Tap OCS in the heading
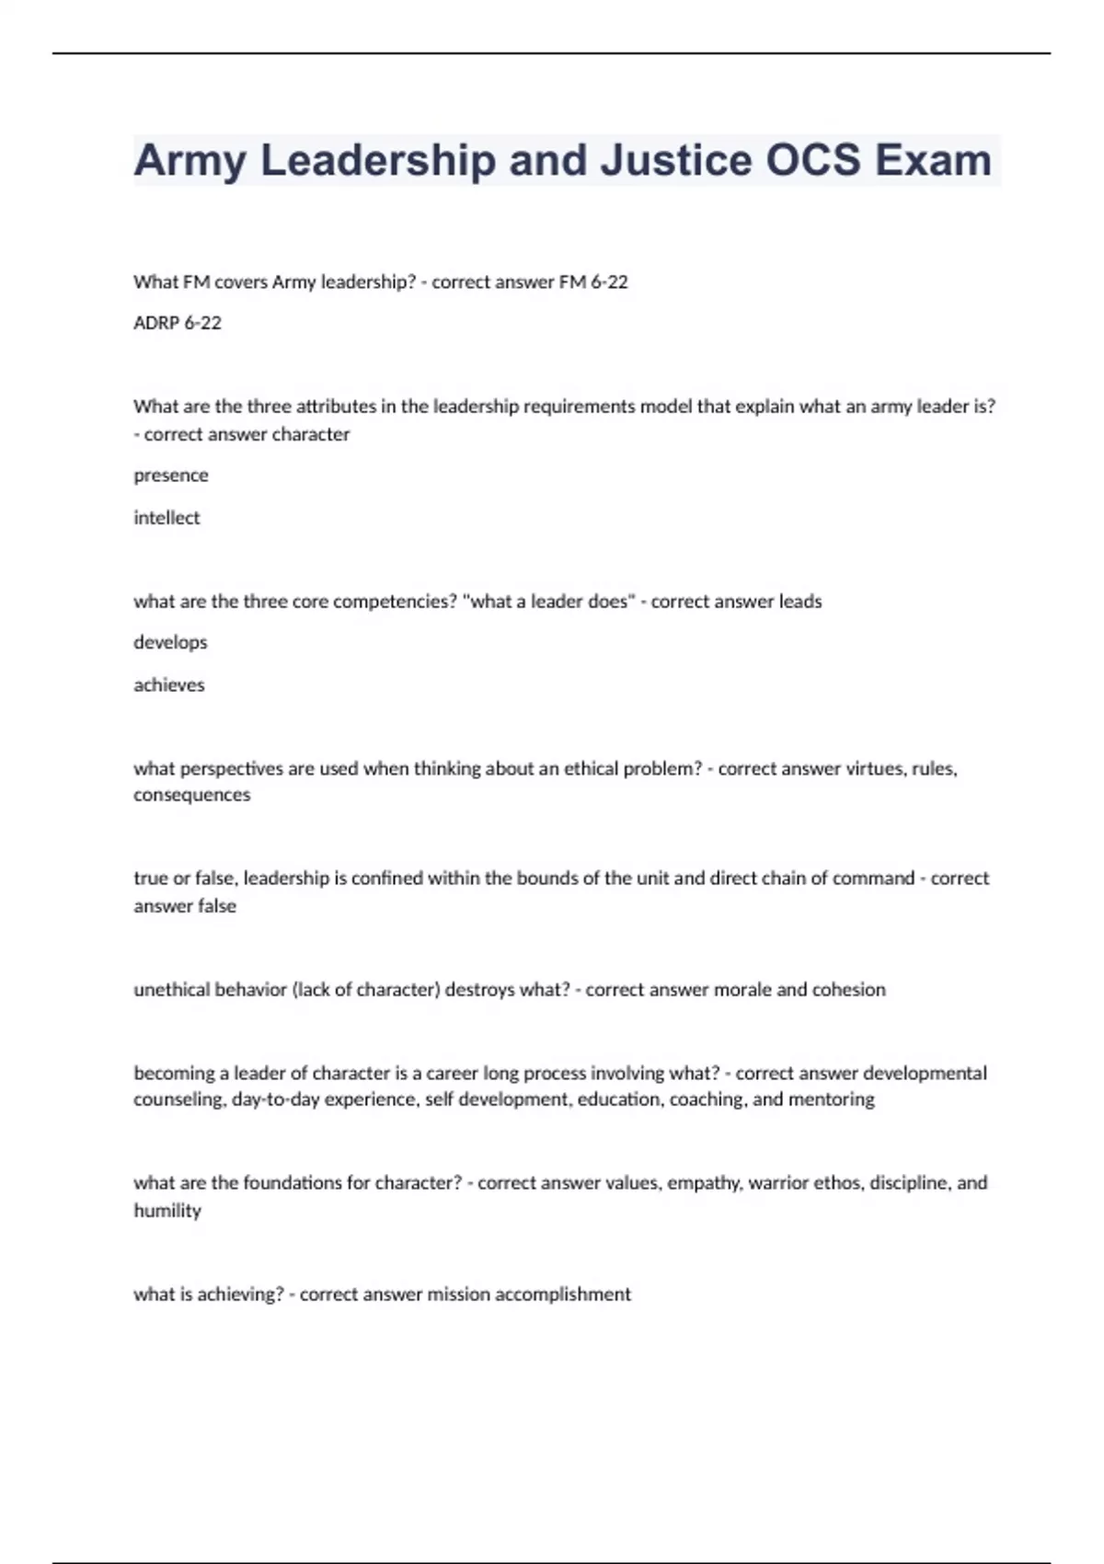tap(813, 160)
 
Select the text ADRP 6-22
tap(178, 323)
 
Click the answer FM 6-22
tap(593, 282)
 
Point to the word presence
tap(171, 476)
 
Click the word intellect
tap(167, 518)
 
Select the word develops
tap(170, 642)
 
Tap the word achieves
tap(169, 684)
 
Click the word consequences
tap(191, 795)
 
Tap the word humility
tap(167, 1211)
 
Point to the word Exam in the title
tap(933, 160)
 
